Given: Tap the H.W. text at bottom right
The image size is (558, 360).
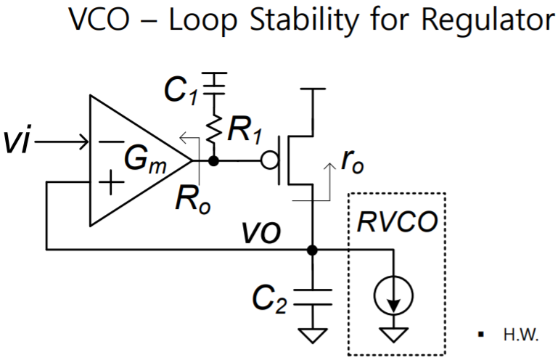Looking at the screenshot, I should (518, 336).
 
